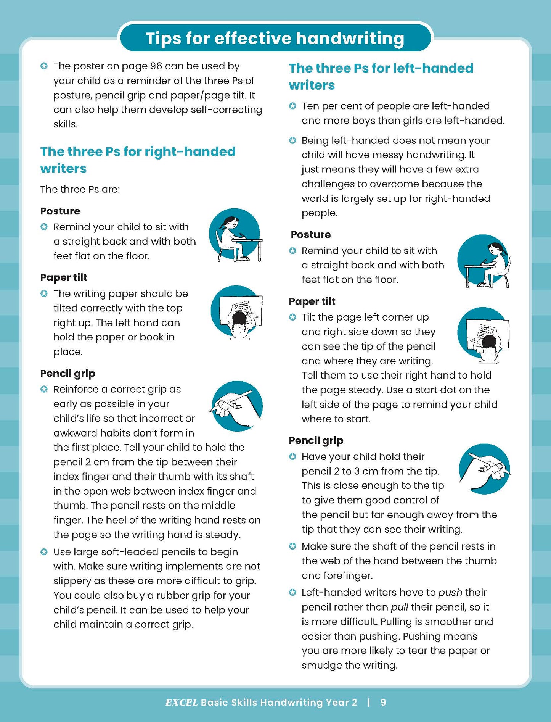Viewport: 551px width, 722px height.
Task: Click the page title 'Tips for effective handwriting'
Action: click(275, 39)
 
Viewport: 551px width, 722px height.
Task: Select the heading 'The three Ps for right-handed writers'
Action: click(138, 160)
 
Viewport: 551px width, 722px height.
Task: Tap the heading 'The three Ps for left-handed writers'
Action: click(381, 76)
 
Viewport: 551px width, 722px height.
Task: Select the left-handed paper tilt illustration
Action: click(484, 333)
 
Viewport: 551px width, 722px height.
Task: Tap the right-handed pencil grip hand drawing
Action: click(237, 406)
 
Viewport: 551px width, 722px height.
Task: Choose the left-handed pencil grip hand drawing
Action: click(484, 469)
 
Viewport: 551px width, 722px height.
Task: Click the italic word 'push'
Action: click(450, 593)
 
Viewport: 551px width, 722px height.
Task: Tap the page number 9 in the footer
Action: click(383, 703)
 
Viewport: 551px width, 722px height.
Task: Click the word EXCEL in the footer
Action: click(182, 703)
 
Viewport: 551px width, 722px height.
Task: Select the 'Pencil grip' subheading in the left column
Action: click(67, 373)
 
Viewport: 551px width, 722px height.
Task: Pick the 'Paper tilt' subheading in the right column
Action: click(312, 301)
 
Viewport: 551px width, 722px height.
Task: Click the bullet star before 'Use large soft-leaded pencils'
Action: click(44, 552)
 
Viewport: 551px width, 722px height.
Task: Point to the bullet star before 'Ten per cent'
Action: click(292, 106)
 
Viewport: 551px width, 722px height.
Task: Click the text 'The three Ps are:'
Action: click(80, 189)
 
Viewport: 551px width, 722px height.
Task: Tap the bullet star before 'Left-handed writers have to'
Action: click(292, 593)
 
